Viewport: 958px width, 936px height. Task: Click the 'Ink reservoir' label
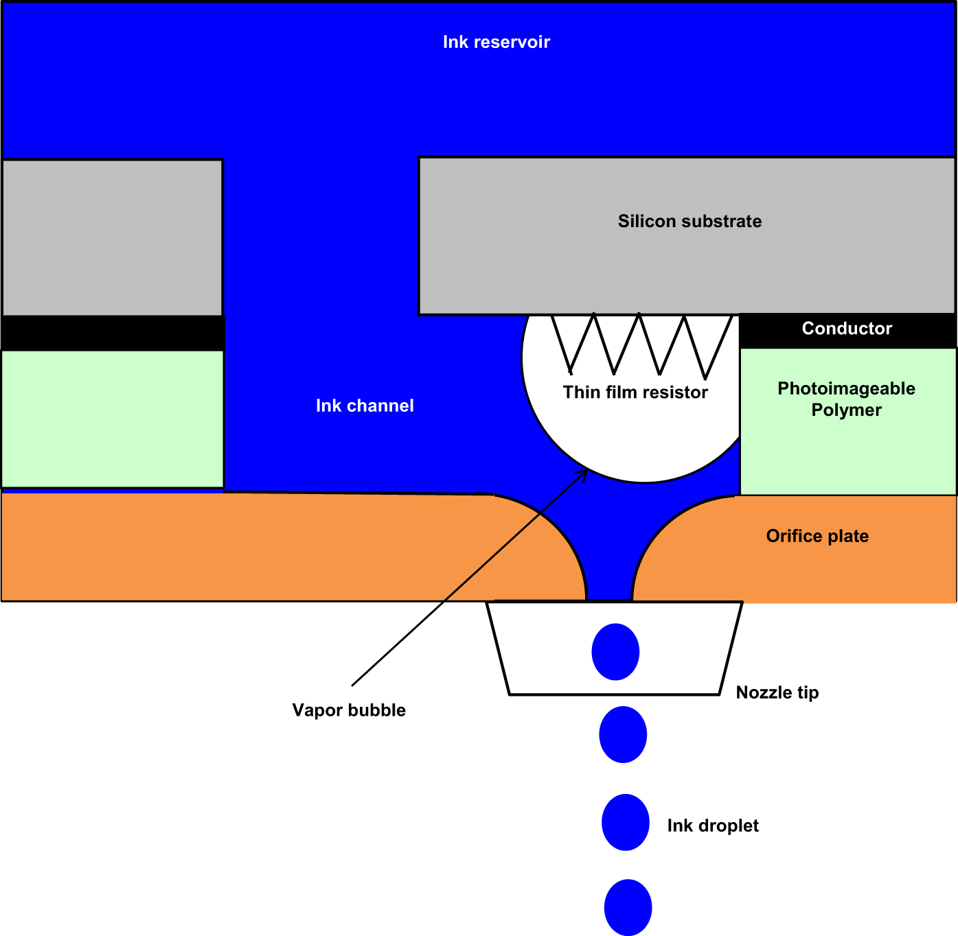click(496, 43)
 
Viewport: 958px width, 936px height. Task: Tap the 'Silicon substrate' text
click(689, 222)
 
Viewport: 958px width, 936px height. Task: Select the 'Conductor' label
click(847, 329)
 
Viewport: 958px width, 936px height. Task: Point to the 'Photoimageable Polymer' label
click(846, 399)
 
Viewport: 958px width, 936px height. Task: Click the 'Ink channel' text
click(365, 406)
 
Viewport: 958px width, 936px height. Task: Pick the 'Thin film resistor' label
click(635, 393)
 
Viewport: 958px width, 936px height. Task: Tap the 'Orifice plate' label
click(817, 537)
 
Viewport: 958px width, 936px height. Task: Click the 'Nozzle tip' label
click(777, 693)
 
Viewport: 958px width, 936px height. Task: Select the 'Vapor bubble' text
click(349, 710)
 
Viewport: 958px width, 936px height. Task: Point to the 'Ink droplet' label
click(713, 826)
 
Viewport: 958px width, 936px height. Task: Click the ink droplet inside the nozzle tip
click(615, 652)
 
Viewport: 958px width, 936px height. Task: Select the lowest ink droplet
click(628, 907)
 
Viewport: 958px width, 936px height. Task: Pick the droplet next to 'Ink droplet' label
click(625, 822)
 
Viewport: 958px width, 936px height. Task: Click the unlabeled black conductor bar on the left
click(112, 334)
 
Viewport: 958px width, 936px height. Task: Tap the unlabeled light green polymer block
click(112, 419)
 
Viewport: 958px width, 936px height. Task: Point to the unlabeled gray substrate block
click(112, 237)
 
